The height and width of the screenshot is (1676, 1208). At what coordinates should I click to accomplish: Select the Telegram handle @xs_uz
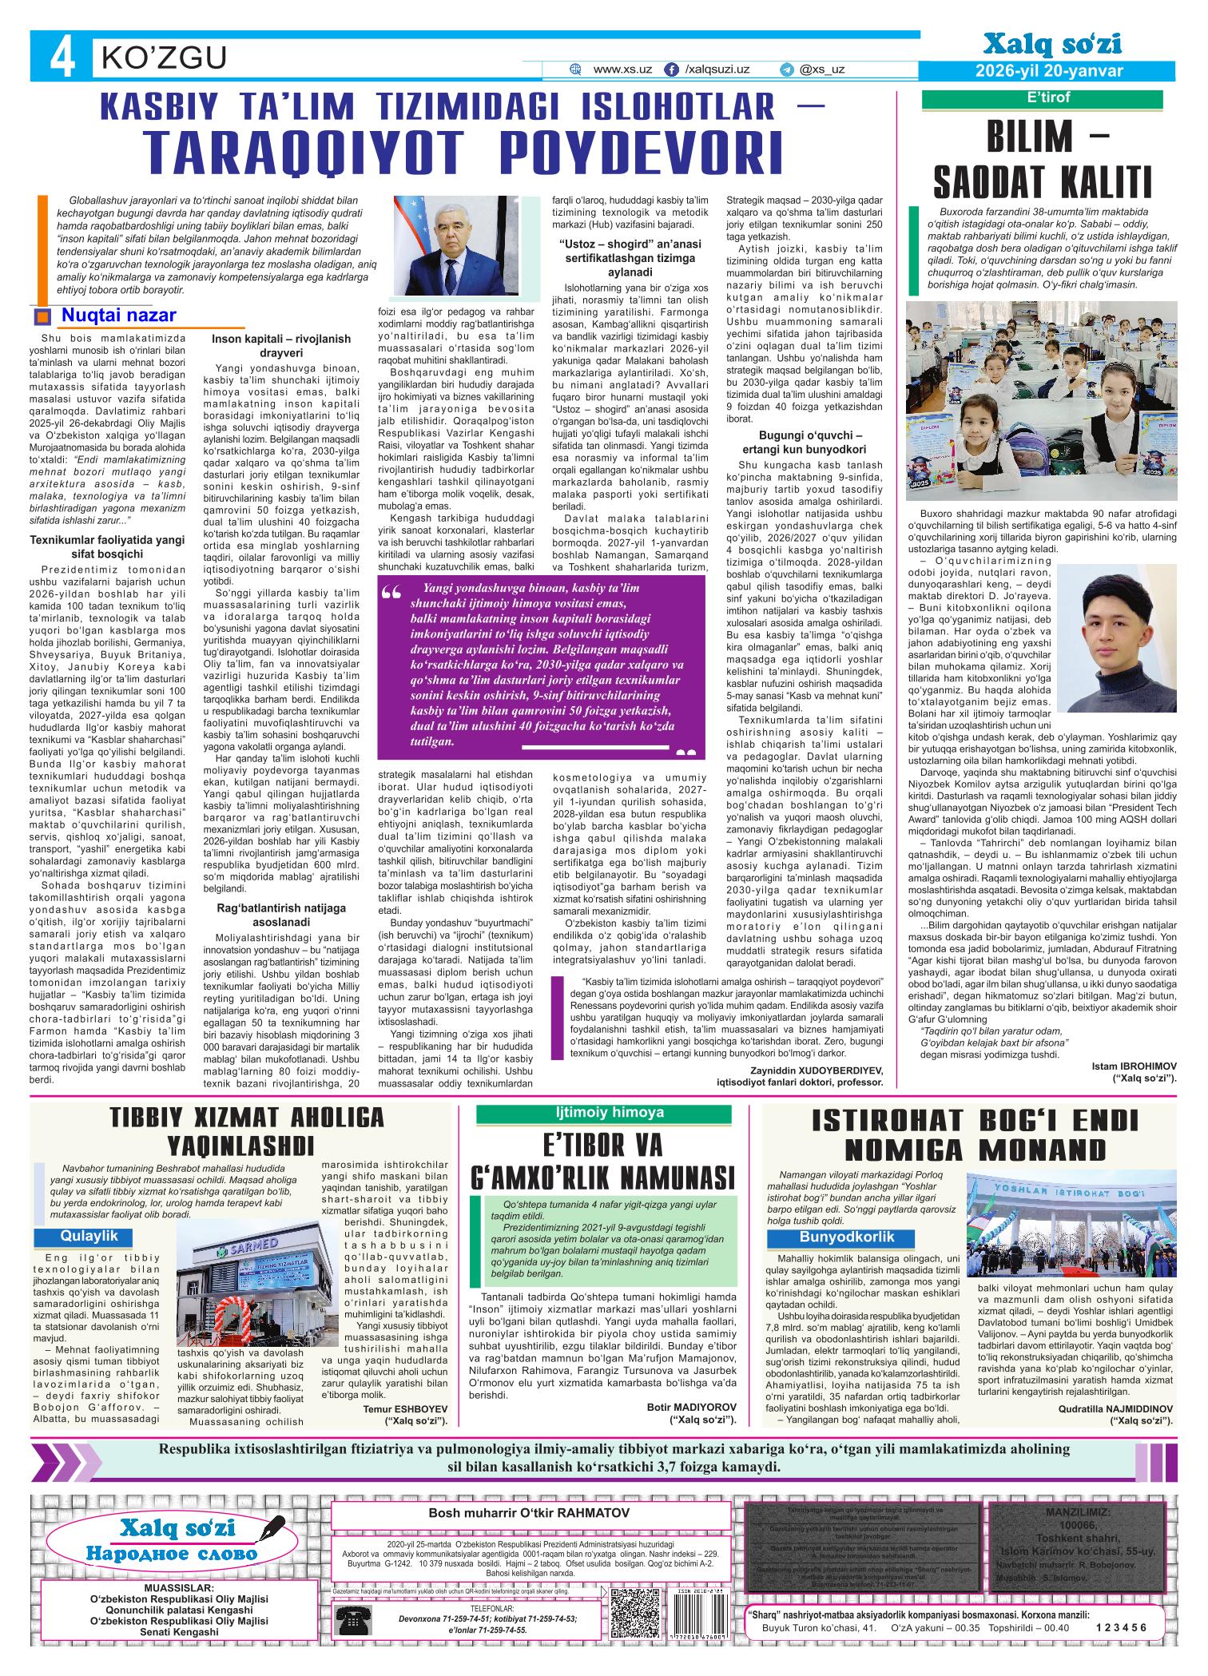823,70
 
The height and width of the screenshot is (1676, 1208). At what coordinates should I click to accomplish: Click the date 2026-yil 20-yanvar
1049,71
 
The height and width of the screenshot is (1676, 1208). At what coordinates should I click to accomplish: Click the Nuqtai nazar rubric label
118,316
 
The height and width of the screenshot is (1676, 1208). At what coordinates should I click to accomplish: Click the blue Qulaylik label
89,1236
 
